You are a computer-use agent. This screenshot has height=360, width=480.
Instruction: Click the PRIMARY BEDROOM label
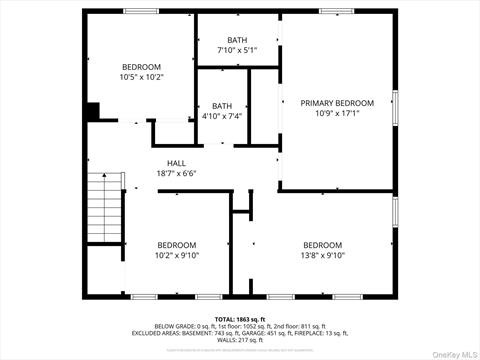(x=337, y=103)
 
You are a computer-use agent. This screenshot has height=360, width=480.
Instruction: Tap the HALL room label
(x=176, y=163)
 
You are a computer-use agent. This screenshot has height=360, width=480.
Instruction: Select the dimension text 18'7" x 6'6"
(x=176, y=173)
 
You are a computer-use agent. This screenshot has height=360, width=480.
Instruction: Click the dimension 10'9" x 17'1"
(x=337, y=113)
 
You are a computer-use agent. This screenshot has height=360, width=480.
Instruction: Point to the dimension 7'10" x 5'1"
(x=237, y=50)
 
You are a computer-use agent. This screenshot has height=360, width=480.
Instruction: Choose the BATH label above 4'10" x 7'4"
(x=221, y=106)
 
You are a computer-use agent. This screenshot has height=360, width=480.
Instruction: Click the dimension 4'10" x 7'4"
(x=221, y=116)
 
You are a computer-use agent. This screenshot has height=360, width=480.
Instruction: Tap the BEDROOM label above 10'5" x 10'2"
(x=141, y=67)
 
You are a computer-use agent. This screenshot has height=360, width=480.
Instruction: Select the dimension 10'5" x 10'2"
(x=141, y=77)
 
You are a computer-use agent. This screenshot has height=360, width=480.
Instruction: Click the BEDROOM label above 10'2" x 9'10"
(x=176, y=245)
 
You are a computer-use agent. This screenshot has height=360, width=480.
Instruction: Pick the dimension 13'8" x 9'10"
(x=322, y=255)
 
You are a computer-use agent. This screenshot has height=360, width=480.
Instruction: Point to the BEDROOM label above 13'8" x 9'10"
(x=322, y=245)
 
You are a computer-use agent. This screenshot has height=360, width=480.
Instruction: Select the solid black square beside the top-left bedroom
(x=92, y=112)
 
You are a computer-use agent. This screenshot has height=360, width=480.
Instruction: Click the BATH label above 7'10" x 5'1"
(x=237, y=40)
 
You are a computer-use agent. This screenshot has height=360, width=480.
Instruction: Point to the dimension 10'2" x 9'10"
(x=176, y=255)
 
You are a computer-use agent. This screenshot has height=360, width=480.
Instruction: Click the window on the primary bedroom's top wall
(x=337, y=11)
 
